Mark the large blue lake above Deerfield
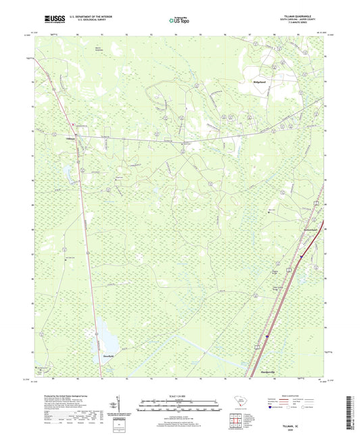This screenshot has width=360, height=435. tap(105, 332)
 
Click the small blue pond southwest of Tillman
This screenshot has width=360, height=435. tap(68, 174)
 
